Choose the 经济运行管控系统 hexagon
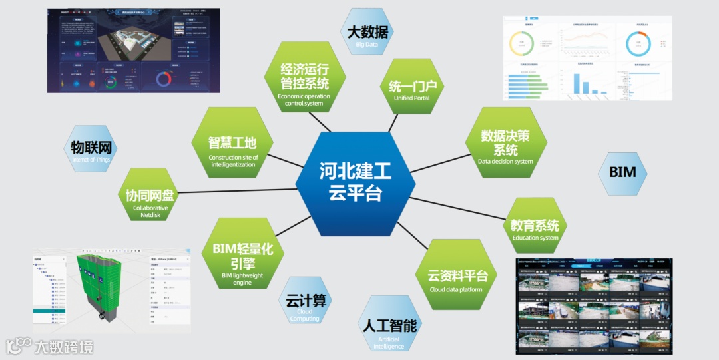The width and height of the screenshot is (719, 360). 304,81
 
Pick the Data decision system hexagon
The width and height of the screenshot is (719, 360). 505,146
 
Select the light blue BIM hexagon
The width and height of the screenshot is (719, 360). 622,172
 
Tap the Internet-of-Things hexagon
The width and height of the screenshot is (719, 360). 91,150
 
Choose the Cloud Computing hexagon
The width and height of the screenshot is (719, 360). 304,305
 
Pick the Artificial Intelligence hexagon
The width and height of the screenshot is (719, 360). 389,329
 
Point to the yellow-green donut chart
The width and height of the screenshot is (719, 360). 521,44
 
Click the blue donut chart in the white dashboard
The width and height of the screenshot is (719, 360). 638,44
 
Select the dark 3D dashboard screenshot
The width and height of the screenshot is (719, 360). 133,50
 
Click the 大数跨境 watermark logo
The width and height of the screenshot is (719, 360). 50,346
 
